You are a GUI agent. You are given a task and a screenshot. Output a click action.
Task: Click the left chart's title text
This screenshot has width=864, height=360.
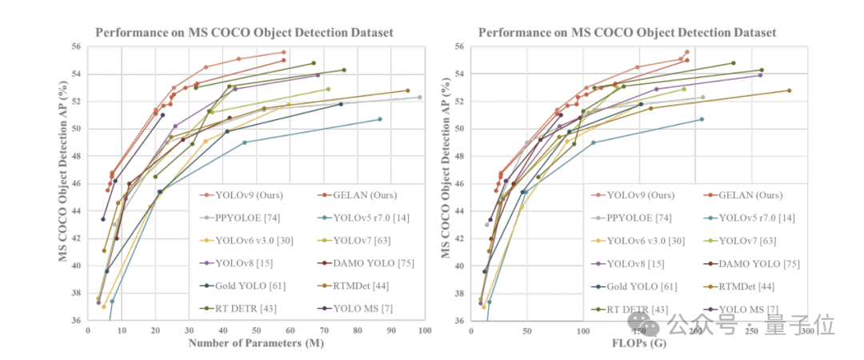pos(245,33)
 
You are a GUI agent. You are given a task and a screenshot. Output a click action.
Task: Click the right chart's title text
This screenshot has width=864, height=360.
pos(627,33)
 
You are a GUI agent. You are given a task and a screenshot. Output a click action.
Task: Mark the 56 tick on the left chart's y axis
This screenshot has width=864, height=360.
pos(78,47)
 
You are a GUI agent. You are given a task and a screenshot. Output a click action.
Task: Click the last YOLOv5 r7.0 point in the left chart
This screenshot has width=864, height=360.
pos(380,119)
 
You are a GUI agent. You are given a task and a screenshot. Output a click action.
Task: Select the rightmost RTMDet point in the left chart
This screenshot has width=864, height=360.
pos(407,90)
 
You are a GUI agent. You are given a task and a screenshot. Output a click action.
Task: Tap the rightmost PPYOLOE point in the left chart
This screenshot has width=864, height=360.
pos(419,98)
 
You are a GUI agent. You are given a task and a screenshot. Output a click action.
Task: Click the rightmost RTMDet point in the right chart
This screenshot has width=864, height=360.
pos(789,90)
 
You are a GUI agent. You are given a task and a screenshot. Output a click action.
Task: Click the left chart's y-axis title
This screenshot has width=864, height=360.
pos(61,184)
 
